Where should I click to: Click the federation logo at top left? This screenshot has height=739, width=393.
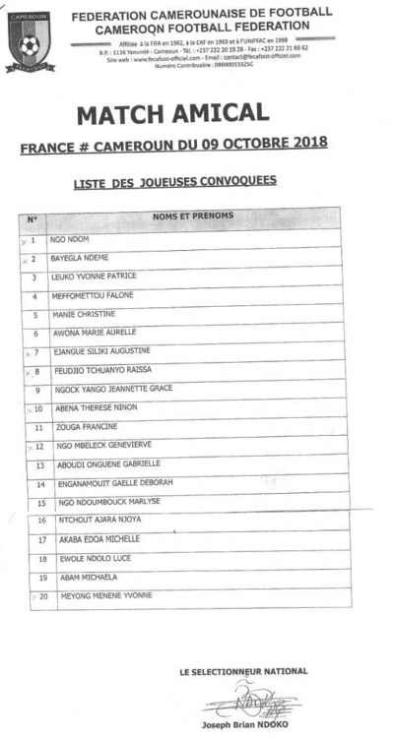[x=31, y=41]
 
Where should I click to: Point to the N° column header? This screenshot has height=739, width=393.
[x=32, y=218]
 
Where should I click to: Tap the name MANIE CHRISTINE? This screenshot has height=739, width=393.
[x=84, y=314]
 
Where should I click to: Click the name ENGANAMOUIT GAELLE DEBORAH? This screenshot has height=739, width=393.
[x=116, y=483]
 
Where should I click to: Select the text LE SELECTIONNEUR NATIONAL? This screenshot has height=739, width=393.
[x=243, y=671]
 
